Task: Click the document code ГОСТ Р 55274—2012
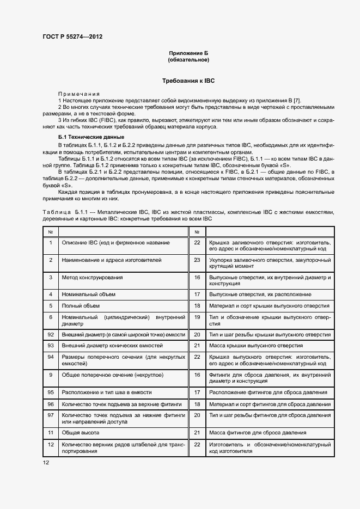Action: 72,37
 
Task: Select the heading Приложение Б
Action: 188,53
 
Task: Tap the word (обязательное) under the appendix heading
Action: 188,59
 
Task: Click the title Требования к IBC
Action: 188,81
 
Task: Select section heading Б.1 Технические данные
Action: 91,137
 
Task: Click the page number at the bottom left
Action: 46,462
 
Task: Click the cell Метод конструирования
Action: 92,277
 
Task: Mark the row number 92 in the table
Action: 51,334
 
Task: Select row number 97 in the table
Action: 51,415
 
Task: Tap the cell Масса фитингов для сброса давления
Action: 257,432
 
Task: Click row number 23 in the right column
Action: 198,260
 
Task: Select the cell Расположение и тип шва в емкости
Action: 107,392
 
